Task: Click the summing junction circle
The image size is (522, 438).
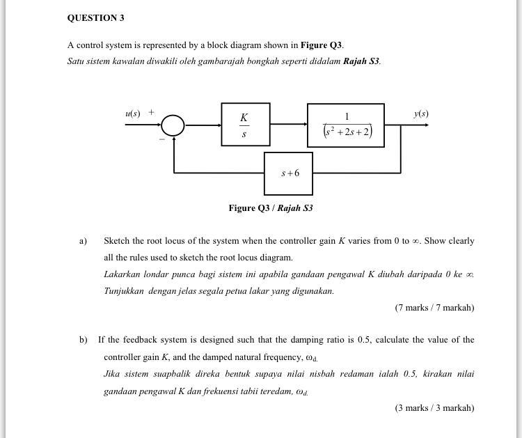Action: tap(173, 125)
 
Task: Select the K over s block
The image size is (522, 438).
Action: tap(245, 125)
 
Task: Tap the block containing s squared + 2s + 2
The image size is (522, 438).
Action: tap(346, 125)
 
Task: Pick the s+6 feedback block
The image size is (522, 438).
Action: tap(288, 173)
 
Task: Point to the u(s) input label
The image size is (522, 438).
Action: tap(133, 113)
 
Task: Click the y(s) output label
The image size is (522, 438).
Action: tap(420, 114)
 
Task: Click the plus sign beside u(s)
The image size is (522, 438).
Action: tap(151, 111)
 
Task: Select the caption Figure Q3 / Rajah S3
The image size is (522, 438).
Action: tap(271, 208)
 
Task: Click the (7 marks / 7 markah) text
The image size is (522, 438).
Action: tap(434, 307)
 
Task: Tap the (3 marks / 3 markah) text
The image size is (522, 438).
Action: tap(434, 407)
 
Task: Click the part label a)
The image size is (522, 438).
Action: tap(83, 241)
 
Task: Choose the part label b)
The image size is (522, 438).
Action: tap(83, 340)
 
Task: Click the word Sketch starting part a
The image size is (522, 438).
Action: tap(116, 241)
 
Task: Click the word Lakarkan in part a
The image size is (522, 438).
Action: tap(120, 274)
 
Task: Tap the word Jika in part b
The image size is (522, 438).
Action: tap(112, 374)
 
